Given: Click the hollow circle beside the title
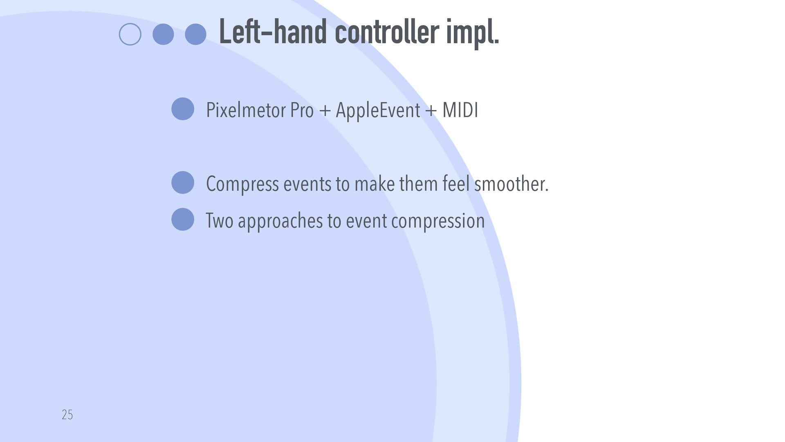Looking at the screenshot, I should point(130,34).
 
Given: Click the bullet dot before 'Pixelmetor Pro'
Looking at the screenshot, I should point(183,109).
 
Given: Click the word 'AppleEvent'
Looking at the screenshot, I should point(378,110).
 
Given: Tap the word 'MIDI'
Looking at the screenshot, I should point(460,110).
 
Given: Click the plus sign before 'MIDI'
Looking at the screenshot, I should point(431,110).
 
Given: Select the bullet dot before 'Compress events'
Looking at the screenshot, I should point(183,183).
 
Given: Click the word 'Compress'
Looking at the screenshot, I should point(242,184).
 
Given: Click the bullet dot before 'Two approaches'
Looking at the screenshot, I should point(183,219).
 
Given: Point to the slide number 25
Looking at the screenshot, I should point(67,415).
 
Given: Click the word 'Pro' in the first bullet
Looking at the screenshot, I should point(302,110).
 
